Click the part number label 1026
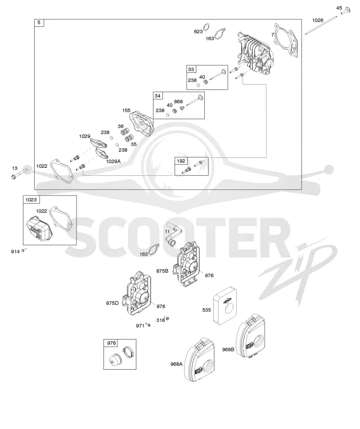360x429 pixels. pos(318,20)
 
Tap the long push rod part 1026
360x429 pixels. pos(321,26)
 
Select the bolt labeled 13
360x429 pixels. pos(19,174)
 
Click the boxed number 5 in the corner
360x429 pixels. pos(39,22)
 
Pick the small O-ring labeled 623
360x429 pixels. pos(207,27)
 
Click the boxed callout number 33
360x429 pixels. pos(191,69)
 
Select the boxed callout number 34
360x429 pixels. pos(157,96)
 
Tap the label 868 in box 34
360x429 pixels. pos(178,102)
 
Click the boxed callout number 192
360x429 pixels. pos(181,161)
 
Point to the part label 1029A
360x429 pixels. pos(113,161)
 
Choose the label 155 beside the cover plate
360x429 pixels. pos(126,111)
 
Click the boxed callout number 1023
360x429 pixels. pos(31,200)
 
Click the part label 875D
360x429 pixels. pos(112,303)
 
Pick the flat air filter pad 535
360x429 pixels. pos(225,305)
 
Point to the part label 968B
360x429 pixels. pos(228,349)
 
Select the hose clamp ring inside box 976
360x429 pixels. pos(128,351)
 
